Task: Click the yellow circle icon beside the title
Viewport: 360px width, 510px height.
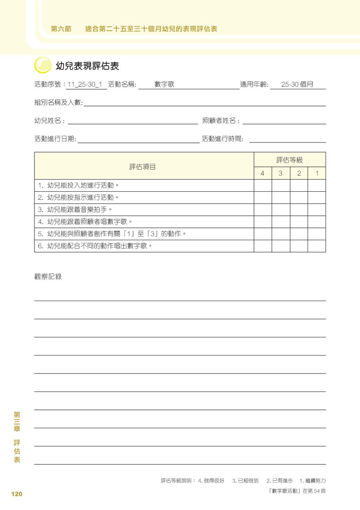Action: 43,65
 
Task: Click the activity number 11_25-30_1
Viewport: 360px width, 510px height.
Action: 85,85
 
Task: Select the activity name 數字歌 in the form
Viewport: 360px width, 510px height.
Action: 164,85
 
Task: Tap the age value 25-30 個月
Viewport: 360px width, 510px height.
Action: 297,85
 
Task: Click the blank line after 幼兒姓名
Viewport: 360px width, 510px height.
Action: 133,121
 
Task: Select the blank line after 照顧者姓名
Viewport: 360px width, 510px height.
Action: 284,121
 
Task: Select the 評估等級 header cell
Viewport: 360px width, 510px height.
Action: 290,160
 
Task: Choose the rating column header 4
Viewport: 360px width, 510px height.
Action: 262,174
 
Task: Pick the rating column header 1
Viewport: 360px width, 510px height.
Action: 317,174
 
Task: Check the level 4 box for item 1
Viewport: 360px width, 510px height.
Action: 263,186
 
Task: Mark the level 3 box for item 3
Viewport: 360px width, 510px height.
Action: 281,210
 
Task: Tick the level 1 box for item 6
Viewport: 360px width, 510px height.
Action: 317,246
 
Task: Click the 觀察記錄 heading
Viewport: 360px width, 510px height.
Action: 48,277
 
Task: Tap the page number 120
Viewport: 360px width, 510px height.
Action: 17,494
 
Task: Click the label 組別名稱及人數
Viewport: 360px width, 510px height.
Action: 58,103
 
